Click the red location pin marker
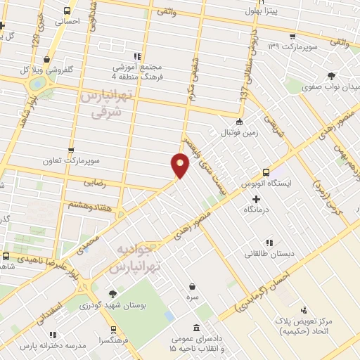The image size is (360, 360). point(180,165)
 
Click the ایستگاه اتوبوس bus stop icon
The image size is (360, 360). point(266,172)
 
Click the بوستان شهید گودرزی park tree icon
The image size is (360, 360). point(112,293)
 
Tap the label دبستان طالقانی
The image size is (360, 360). point(276,255)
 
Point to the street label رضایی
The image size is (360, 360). point(94,182)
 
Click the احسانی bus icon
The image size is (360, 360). point(67,11)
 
